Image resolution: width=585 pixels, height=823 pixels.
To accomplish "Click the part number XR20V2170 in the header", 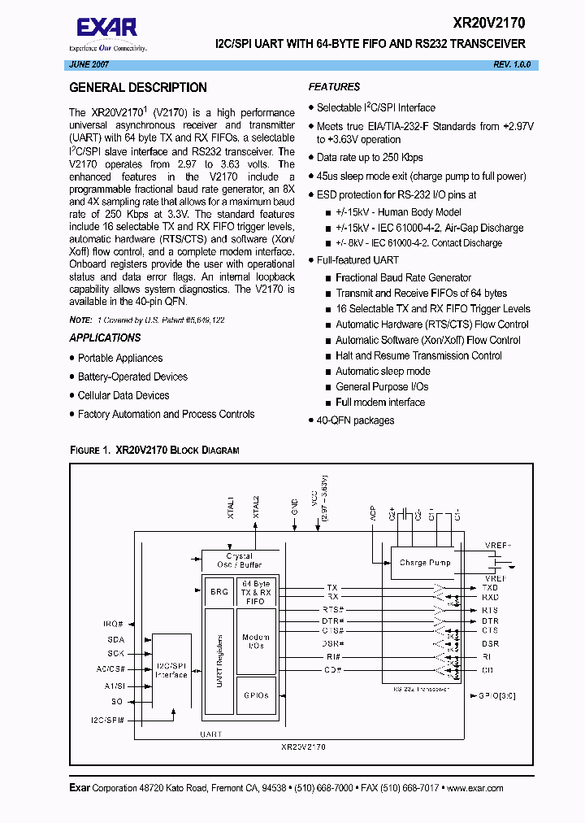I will [488, 24].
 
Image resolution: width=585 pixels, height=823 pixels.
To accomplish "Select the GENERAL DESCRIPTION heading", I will [137, 88].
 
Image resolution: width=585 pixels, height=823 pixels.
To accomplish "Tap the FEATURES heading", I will [334, 87].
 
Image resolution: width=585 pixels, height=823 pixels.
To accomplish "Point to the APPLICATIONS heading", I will [105, 337].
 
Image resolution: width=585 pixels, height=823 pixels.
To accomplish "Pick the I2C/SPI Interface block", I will [171, 669].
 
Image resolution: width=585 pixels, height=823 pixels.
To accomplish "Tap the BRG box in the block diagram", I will [219, 592].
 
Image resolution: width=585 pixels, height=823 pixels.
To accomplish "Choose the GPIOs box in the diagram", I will [255, 695].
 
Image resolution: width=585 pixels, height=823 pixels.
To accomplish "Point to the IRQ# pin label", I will [113, 623].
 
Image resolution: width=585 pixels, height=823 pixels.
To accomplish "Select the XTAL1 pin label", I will [231, 507].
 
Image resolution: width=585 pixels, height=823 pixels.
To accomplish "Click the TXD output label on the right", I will [489, 587].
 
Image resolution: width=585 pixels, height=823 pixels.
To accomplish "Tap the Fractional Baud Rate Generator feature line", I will [403, 277].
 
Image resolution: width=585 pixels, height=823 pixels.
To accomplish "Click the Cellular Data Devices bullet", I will [123, 395].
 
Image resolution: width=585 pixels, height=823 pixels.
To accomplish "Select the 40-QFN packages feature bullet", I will [355, 420].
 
